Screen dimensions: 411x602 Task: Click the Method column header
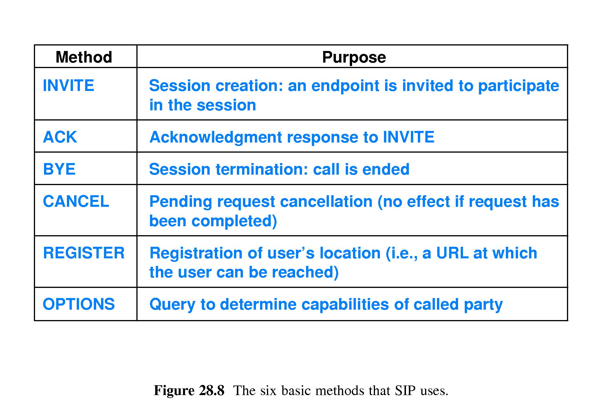84,57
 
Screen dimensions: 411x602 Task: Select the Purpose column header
354,57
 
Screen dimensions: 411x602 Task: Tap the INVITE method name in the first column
68,85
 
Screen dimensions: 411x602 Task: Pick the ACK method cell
60,137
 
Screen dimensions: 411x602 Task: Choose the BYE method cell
59,169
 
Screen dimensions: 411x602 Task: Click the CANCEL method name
76,201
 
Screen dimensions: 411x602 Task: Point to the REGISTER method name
84,253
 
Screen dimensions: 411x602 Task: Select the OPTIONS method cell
79,304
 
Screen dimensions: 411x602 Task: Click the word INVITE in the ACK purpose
408,137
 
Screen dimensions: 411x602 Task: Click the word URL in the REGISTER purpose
452,253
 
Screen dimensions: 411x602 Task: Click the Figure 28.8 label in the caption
189,391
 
